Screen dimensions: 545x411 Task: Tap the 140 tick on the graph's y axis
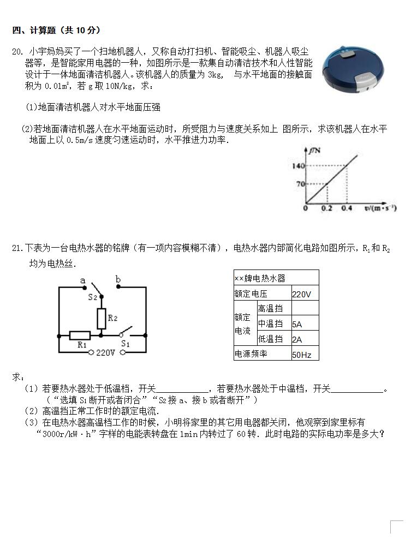coord(297,166)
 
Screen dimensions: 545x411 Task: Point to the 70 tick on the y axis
coord(299,184)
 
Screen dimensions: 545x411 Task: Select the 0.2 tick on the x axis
coord(326,208)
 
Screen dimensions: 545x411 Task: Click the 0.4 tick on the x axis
coord(346,208)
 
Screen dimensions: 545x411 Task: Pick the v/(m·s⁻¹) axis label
coord(380,208)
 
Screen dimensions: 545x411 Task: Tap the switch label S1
coord(125,344)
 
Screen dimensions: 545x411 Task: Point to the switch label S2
coord(92,297)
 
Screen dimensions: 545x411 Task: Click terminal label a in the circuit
coord(83,280)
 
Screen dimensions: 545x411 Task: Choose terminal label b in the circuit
coord(118,280)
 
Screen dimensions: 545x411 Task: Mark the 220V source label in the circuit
coord(105,353)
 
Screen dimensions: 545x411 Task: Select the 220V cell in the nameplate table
coord(301,294)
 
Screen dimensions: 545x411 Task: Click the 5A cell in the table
coord(297,324)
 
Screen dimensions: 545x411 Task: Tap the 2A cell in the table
coord(297,339)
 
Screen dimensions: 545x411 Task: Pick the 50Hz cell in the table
coord(302,355)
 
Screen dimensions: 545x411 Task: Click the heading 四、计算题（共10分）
coord(56,30)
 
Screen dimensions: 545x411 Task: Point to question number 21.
coord(17,249)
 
